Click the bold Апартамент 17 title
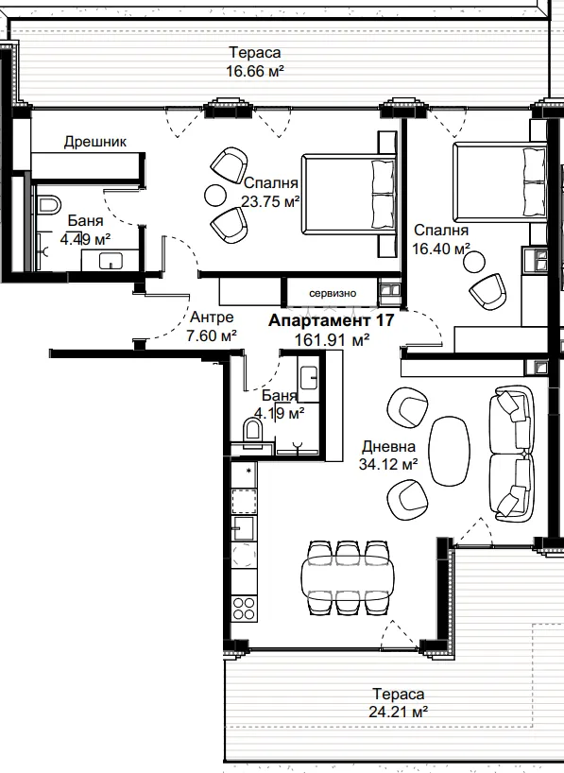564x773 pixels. pyautogui.click(x=332, y=320)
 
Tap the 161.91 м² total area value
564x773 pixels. pyautogui.click(x=333, y=340)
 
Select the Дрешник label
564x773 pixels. pyautogui.click(x=95, y=142)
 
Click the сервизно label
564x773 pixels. pyautogui.click(x=333, y=293)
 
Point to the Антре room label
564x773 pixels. pyautogui.click(x=212, y=317)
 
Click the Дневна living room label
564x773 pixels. pyautogui.click(x=388, y=447)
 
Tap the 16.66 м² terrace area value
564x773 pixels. pyautogui.click(x=255, y=72)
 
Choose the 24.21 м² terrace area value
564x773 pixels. pyautogui.click(x=398, y=712)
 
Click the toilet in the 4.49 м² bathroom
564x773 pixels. pyautogui.click(x=48, y=204)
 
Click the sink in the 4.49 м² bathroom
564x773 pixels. pyautogui.click(x=111, y=261)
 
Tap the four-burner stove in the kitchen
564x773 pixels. pyautogui.click(x=244, y=608)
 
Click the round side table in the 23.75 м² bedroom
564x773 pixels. pyautogui.click(x=214, y=196)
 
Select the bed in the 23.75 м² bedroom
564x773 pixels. pyautogui.click(x=349, y=194)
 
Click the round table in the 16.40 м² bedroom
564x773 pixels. pyautogui.click(x=474, y=261)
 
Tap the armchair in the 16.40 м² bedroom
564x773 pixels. pyautogui.click(x=487, y=292)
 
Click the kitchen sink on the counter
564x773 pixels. pyautogui.click(x=243, y=528)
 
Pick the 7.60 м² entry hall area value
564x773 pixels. pyautogui.click(x=212, y=336)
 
